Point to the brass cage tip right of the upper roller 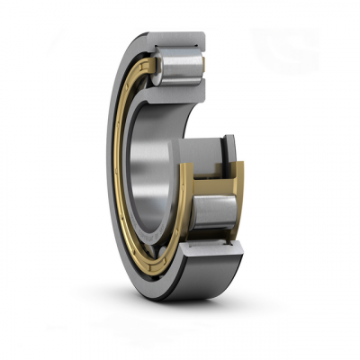coord(202,63)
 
